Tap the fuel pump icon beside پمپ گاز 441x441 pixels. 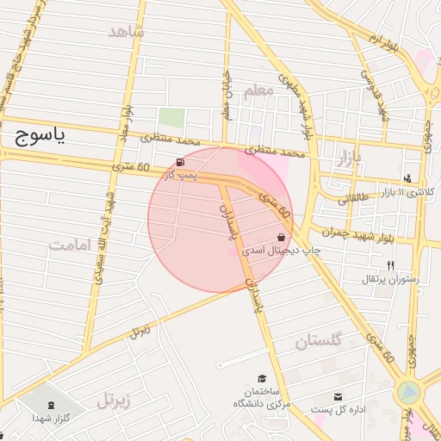click(x=180, y=163)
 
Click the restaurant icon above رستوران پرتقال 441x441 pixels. click(x=390, y=265)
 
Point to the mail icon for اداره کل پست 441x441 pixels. click(x=338, y=396)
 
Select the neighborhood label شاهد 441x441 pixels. click(x=127, y=32)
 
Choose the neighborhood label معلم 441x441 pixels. click(x=258, y=90)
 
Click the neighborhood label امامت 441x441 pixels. click(x=70, y=245)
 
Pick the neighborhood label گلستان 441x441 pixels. click(x=318, y=341)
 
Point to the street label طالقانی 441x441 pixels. click(x=351, y=198)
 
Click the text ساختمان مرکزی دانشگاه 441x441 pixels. click(x=262, y=397)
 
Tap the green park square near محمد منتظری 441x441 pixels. click(x=171, y=118)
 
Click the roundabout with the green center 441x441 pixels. click(x=409, y=394)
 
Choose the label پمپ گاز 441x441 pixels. click(x=182, y=175)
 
